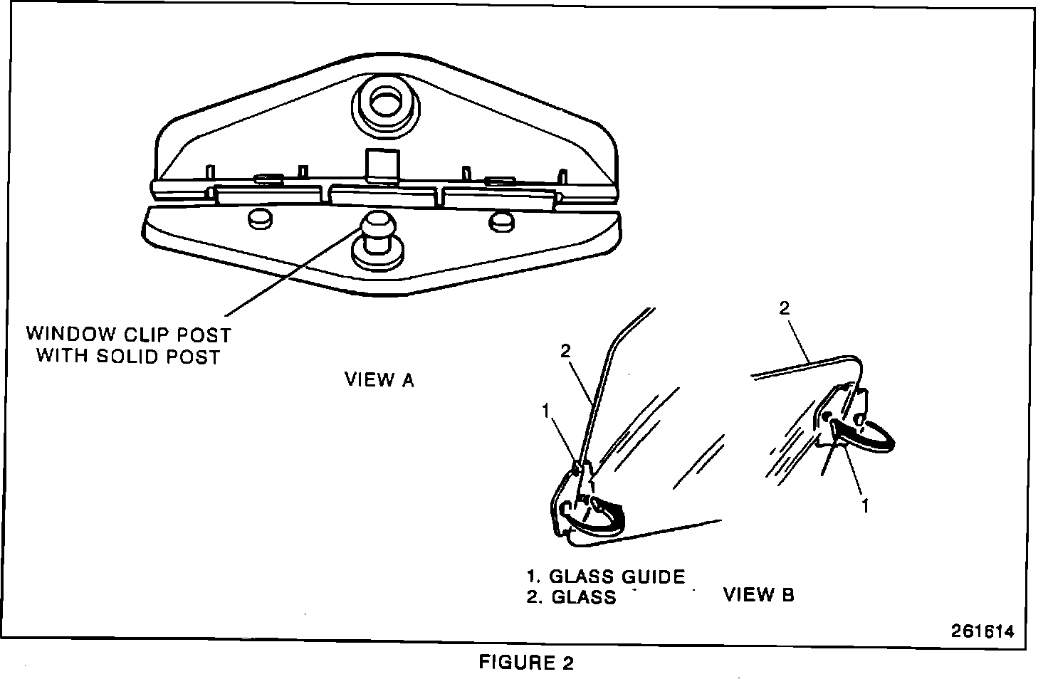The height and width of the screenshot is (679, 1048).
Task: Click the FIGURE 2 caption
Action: [526, 663]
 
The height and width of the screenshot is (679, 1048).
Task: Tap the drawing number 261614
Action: [983, 631]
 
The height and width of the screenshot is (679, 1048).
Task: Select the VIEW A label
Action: [379, 380]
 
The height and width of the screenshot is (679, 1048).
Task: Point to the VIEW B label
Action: [759, 594]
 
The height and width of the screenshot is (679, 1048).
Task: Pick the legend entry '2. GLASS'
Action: [572, 597]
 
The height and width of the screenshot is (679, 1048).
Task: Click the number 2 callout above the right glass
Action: [785, 309]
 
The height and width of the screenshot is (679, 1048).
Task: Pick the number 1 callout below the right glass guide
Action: [866, 505]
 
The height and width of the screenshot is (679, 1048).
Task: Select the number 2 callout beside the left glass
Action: [565, 350]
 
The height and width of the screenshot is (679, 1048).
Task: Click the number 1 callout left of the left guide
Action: [545, 411]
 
